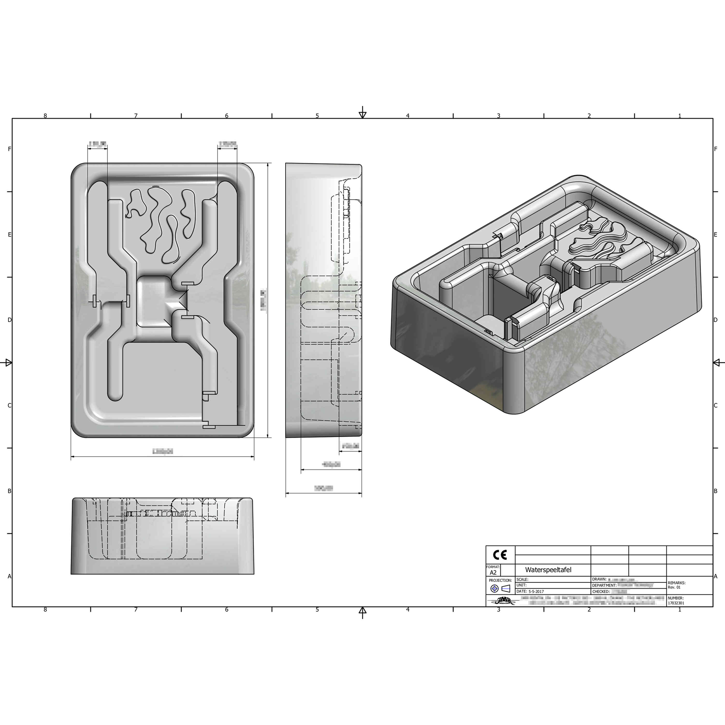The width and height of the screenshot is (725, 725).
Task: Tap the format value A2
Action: [x=493, y=573]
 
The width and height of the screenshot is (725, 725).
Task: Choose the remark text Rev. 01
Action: [x=674, y=587]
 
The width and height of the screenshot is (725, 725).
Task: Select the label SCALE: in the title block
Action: [x=522, y=580]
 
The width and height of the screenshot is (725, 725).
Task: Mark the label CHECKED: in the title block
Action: [x=601, y=591]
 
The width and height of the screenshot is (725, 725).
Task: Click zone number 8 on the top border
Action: [x=45, y=116]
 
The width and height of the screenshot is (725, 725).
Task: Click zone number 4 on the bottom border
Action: [x=408, y=610]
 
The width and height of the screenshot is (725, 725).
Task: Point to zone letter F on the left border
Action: [x=9, y=149]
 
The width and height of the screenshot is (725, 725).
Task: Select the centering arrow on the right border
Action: [x=718, y=362]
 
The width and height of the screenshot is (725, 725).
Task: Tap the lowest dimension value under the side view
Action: [x=324, y=488]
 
